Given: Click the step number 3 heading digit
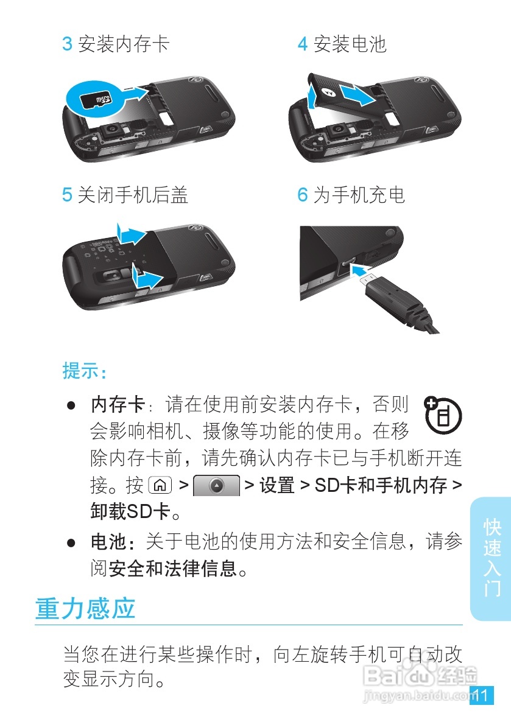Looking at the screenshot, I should pos(67,44).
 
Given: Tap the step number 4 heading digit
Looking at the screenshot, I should pos(302,44).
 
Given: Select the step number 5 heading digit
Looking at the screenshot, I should pos(67,195).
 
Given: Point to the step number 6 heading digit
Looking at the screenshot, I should pos(302,195).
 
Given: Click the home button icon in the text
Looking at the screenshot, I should pos(160,486).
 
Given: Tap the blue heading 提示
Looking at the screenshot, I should pos(84,371).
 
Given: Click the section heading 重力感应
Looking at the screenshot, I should pos(85,608).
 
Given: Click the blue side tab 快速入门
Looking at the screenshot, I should pos(491,558).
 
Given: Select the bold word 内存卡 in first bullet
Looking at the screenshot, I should pos(118,404).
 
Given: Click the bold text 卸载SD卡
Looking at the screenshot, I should pos(130,512).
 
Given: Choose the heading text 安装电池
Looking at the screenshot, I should pos(350,44).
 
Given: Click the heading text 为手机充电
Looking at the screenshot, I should pos(359,195).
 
